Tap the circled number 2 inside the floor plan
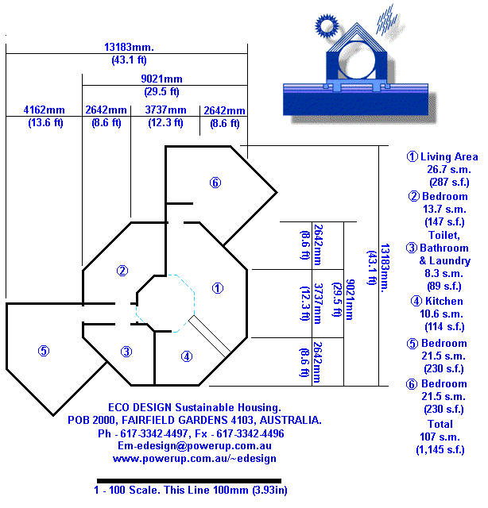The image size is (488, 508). (x=122, y=271)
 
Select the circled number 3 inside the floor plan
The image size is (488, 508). (x=126, y=351)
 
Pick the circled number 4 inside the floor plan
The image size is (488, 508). (x=186, y=356)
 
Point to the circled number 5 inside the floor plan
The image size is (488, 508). (x=44, y=350)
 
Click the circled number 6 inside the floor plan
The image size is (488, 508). (x=215, y=183)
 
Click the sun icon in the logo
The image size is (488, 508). (x=327, y=26)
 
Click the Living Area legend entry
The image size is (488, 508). (x=443, y=156)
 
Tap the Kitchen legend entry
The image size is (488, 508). (x=437, y=301)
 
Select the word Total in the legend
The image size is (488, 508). (x=440, y=424)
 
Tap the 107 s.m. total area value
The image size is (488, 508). (x=440, y=437)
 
